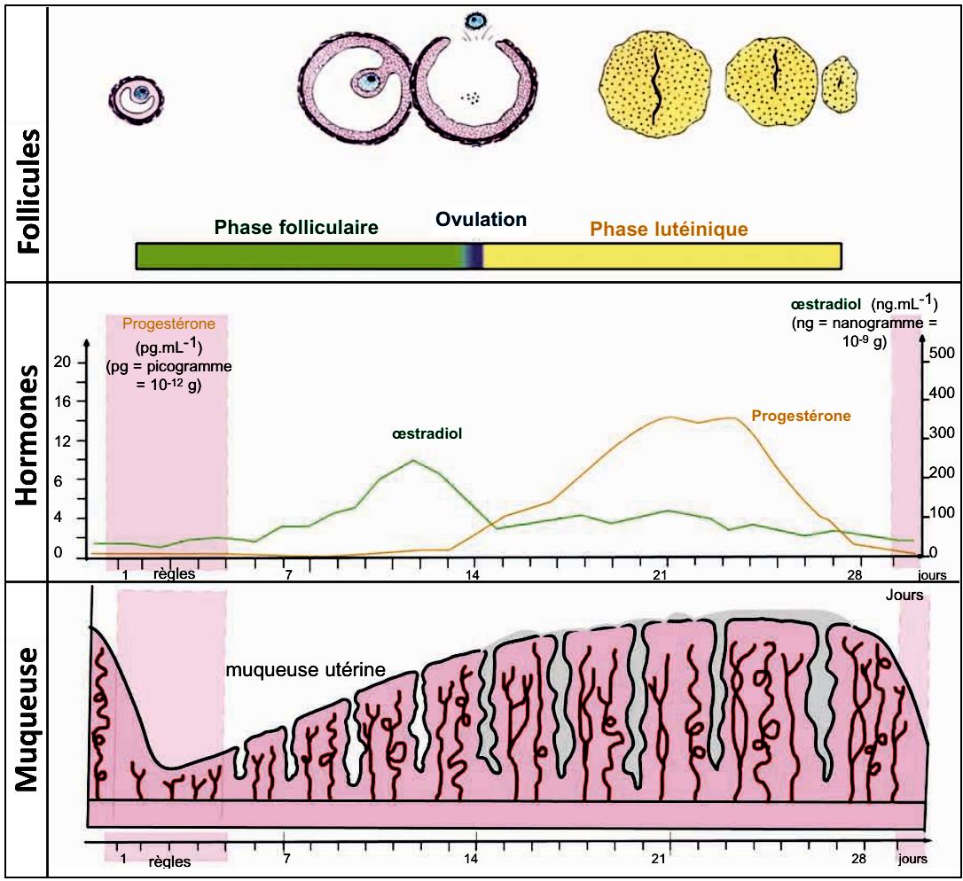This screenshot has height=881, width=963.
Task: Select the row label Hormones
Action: (x=27, y=434)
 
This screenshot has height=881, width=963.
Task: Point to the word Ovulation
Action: (x=481, y=219)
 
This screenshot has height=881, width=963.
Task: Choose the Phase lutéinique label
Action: (x=669, y=230)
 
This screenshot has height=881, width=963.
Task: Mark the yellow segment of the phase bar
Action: (x=661, y=255)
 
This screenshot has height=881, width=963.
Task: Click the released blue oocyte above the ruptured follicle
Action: (x=480, y=19)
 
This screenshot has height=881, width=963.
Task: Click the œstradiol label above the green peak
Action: (x=428, y=434)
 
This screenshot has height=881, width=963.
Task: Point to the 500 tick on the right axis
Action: (x=941, y=355)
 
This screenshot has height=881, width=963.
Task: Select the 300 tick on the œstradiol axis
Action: (x=941, y=433)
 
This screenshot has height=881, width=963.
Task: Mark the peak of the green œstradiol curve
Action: (x=413, y=460)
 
